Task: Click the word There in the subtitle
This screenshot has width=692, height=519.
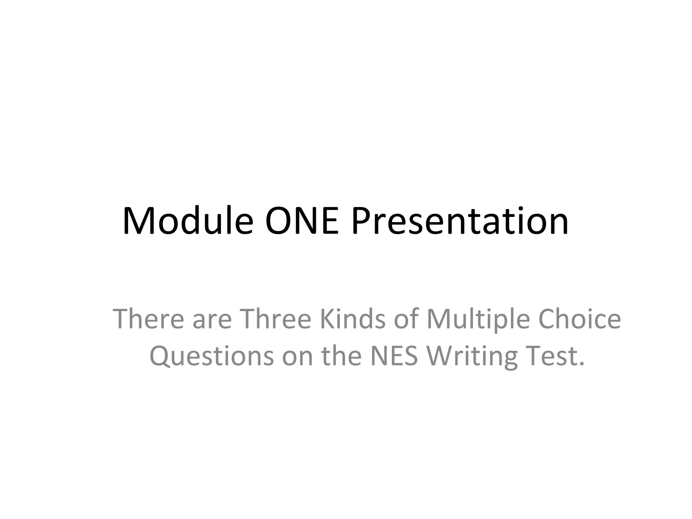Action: pos(148,319)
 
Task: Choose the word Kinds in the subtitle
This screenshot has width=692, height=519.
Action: pos(352,319)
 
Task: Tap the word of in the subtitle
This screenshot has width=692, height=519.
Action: pos(406,319)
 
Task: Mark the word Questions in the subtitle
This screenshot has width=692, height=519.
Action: pos(212,356)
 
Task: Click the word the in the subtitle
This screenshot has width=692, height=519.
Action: pos(341,356)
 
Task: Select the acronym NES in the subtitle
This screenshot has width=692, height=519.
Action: pos(394,356)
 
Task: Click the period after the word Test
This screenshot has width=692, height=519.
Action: pos(581,364)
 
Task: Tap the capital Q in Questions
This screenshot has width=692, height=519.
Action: pos(160,356)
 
